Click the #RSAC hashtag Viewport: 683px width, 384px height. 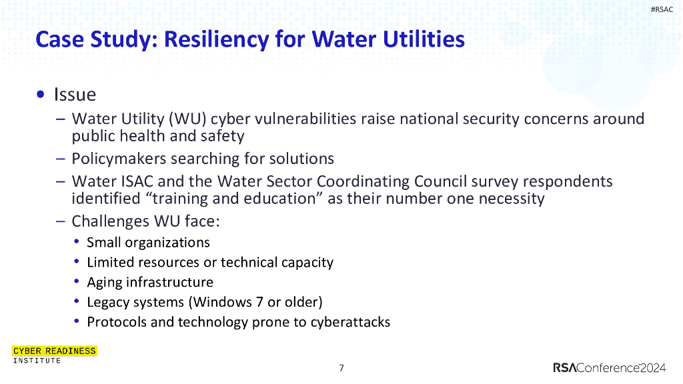[x=662, y=9]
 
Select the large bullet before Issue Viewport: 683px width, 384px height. [x=42, y=95]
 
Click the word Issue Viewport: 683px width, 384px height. [x=75, y=95]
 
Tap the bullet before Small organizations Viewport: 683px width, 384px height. [x=77, y=242]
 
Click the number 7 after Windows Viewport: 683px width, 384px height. [x=259, y=302]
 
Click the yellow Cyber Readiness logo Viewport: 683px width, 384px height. [x=55, y=351]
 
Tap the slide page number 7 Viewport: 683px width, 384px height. [x=341, y=368]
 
